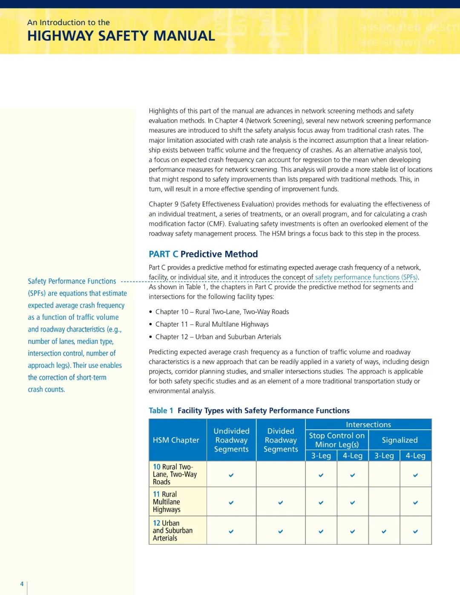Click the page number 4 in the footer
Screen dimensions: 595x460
(x=22, y=584)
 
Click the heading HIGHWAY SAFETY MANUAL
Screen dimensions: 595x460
(x=121, y=36)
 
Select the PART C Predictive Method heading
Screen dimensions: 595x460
(x=203, y=254)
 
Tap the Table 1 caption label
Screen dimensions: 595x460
(x=161, y=411)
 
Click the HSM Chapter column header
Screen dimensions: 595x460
(x=176, y=440)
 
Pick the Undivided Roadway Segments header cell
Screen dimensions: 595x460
(x=231, y=440)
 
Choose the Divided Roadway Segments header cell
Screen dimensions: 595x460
(x=281, y=440)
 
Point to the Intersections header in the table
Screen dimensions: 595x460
(x=368, y=425)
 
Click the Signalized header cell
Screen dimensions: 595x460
(x=400, y=440)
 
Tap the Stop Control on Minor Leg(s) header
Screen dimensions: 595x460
(x=337, y=440)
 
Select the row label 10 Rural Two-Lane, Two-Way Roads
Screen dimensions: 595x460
(x=175, y=474)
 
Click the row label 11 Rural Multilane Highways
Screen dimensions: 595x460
(x=167, y=502)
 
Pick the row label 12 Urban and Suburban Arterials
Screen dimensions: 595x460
(x=172, y=530)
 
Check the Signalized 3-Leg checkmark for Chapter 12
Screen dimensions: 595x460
(x=384, y=531)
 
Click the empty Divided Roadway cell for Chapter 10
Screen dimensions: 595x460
(x=281, y=474)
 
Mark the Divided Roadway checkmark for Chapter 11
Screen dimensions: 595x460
(x=281, y=503)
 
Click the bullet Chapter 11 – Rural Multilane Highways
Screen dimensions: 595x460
(x=212, y=325)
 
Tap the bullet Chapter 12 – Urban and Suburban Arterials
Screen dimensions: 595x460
(x=218, y=337)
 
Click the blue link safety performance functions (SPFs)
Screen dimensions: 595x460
(x=366, y=277)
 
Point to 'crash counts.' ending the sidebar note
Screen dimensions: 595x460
(x=46, y=389)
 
